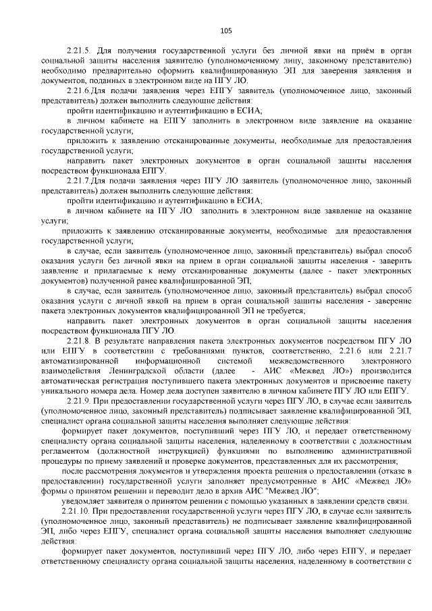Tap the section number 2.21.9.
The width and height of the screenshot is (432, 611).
click(80, 400)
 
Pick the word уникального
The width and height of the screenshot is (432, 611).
click(67, 390)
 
